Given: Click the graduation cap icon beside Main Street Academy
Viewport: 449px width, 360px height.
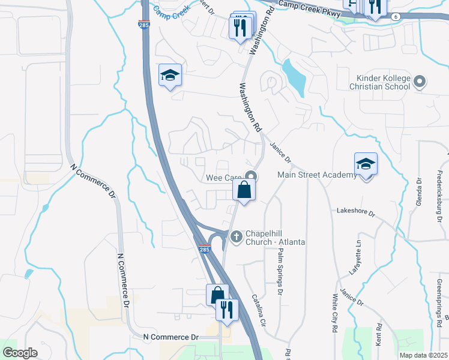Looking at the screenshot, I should [x=366, y=164].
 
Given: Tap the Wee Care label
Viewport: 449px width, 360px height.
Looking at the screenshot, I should [x=223, y=178].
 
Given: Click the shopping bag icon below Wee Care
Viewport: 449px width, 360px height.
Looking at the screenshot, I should [x=244, y=191].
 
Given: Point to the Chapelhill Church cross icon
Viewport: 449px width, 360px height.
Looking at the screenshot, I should [x=237, y=236].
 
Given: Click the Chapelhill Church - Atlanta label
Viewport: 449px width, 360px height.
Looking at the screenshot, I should [x=276, y=237].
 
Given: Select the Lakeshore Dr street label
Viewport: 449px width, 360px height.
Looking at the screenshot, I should [x=355, y=212].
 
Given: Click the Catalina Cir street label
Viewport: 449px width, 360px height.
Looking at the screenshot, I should [x=259, y=309].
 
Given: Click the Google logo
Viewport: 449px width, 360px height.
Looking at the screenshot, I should [x=20, y=353].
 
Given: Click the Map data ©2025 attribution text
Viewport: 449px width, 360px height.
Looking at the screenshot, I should [x=423, y=355].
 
